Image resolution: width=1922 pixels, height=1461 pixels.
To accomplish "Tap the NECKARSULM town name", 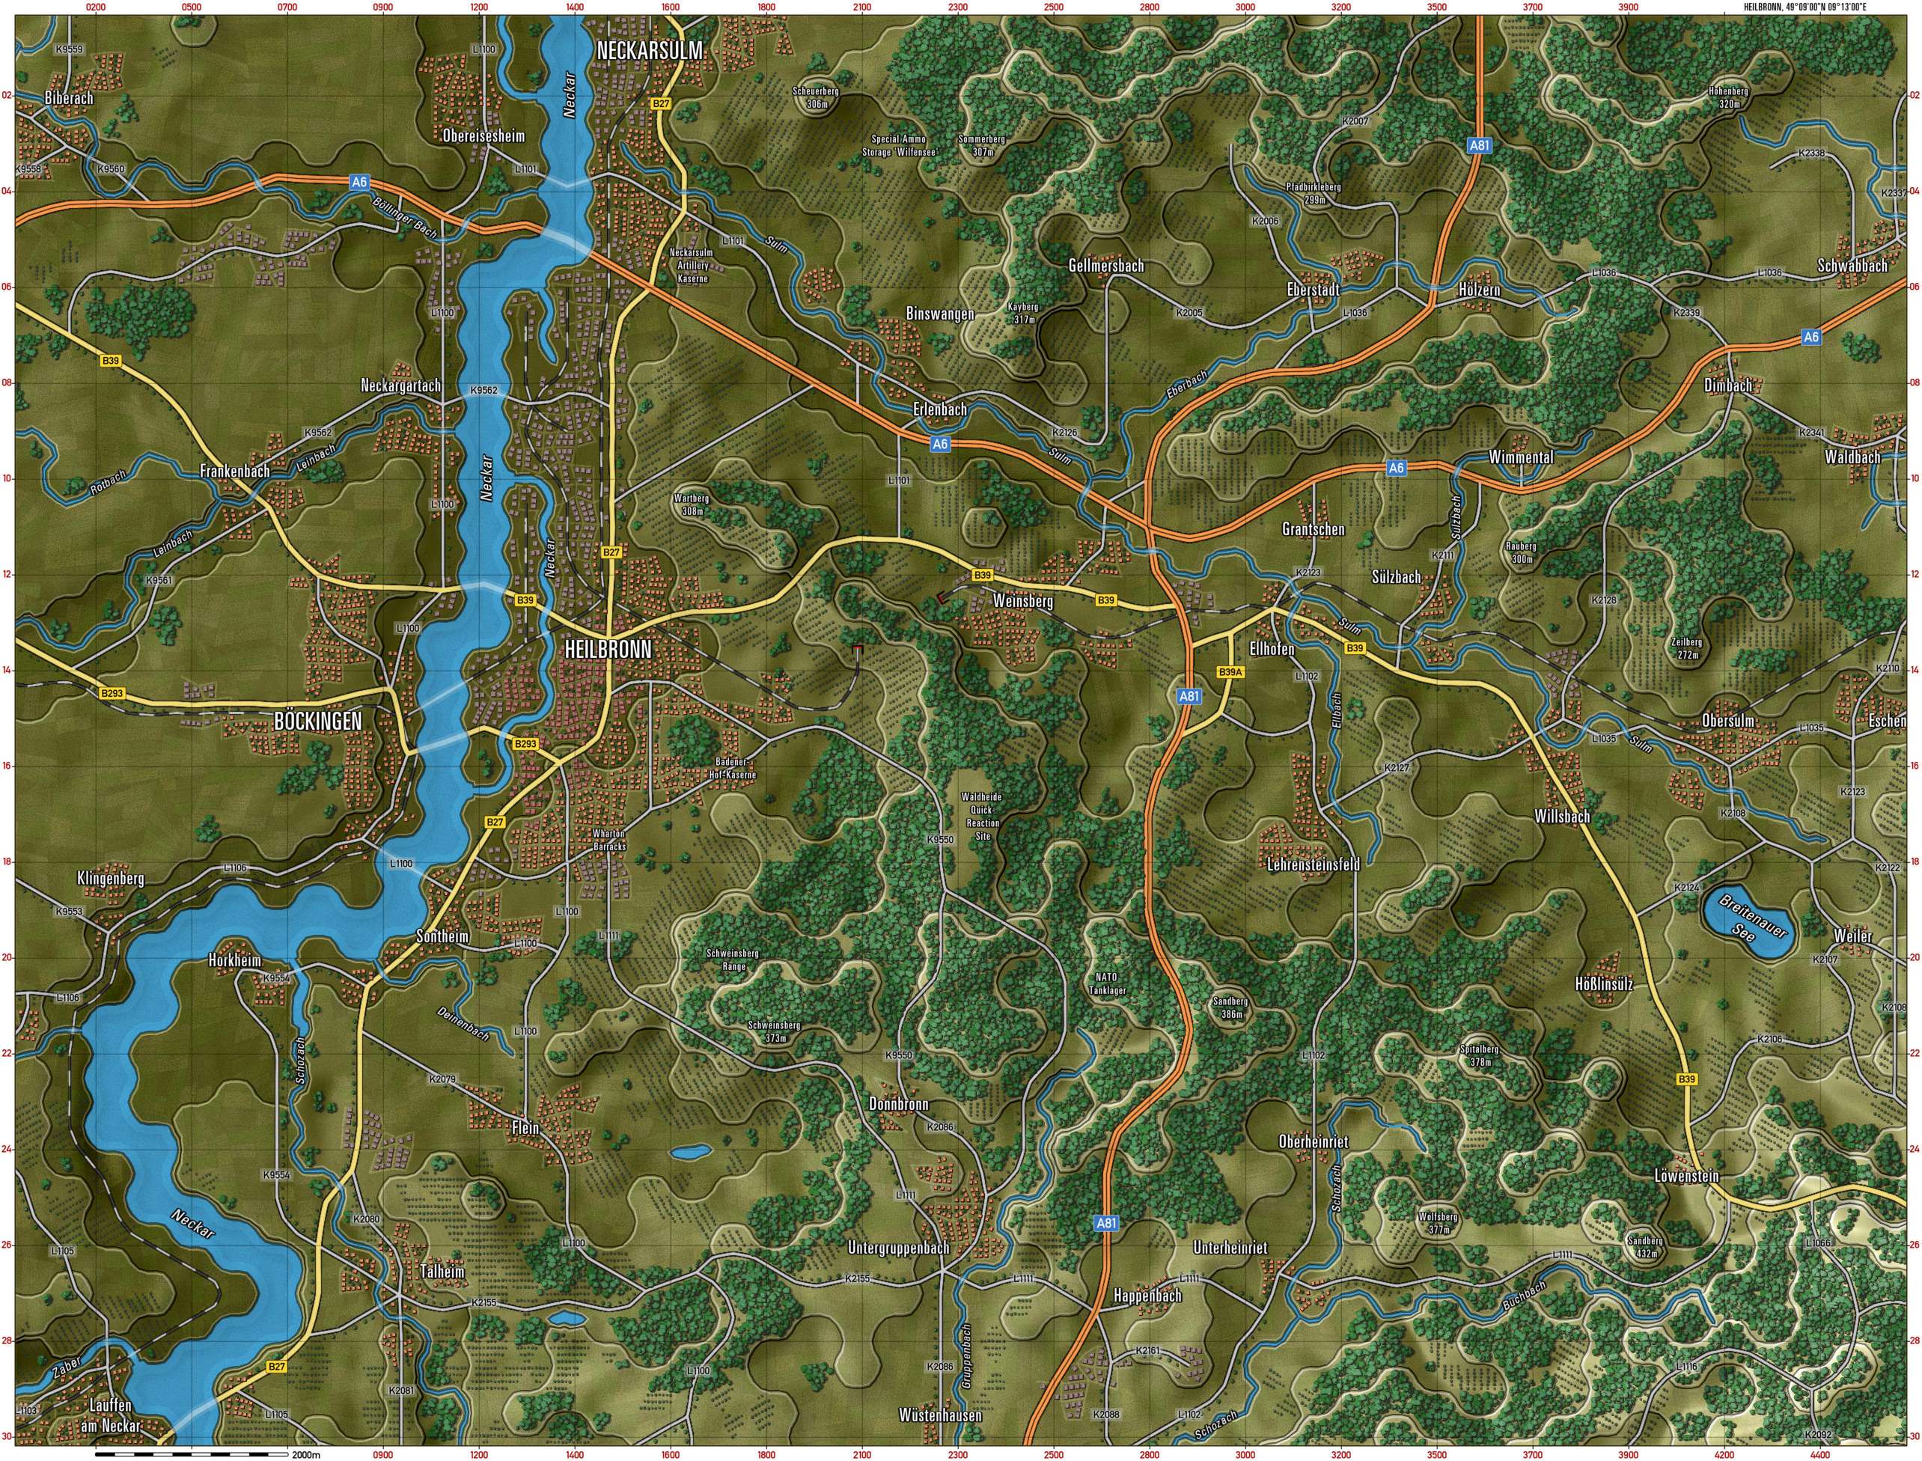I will pos(649,52).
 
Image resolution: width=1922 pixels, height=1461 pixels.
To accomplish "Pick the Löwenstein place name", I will pos(1686,1176).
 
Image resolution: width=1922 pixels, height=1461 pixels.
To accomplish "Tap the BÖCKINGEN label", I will pos(317,721).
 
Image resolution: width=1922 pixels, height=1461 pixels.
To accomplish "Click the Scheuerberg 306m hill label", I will pos(816,97).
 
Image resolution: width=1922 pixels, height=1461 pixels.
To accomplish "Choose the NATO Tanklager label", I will pos(1107,983).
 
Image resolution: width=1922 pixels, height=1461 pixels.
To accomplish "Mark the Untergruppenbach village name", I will pos(898,1248).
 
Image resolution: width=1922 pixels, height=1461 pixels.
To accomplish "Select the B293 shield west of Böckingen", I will pos(112,693).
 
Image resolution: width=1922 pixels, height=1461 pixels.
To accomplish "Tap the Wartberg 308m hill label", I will pos(692,505).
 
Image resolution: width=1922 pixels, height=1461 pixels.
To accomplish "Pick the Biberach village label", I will pos(69,98).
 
